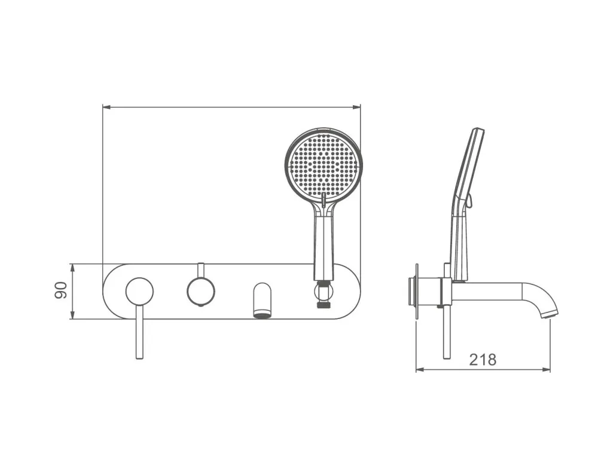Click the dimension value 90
tap(61, 291)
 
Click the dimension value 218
tap(483, 360)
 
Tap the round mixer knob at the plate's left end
tap(139, 292)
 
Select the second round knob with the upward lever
tap(201, 292)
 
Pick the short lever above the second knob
tap(201, 270)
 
